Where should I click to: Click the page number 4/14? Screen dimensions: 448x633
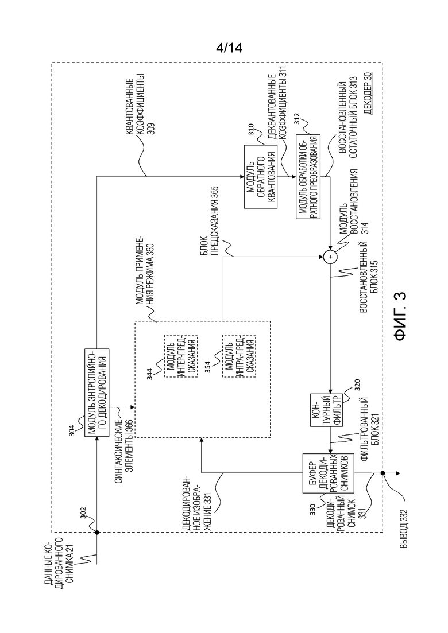pos(229,48)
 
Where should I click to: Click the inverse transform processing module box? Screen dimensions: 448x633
pos(308,176)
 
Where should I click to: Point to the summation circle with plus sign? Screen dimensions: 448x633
pos(330,257)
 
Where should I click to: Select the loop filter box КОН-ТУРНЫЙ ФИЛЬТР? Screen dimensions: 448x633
pos(326,410)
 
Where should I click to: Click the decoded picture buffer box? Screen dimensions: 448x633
pos(329,473)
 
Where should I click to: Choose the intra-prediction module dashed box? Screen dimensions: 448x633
pos(239,355)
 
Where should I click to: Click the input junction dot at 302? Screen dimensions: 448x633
pos(97,533)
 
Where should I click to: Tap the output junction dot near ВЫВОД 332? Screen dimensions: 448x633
pos(382,473)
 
